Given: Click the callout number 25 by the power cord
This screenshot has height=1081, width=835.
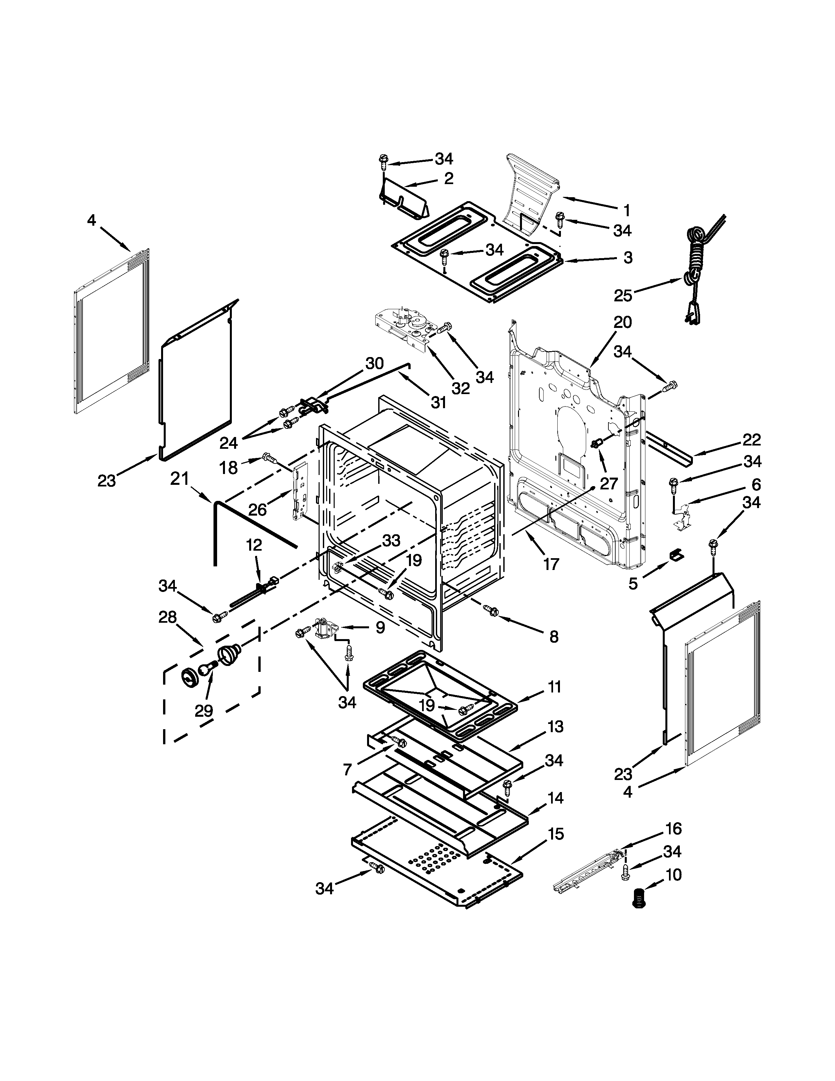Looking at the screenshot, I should click(623, 296).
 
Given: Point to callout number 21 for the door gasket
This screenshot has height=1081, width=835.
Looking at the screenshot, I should click(179, 479).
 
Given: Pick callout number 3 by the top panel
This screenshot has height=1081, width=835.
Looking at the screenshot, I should click(628, 257).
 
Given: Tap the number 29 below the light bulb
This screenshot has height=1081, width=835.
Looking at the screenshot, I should click(203, 711).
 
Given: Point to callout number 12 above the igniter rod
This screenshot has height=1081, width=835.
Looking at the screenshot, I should click(254, 545).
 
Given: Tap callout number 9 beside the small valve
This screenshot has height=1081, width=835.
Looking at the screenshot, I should click(380, 628).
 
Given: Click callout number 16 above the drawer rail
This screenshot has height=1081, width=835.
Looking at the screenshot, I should click(673, 828).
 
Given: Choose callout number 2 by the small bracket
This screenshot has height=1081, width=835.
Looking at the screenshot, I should click(449, 179).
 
